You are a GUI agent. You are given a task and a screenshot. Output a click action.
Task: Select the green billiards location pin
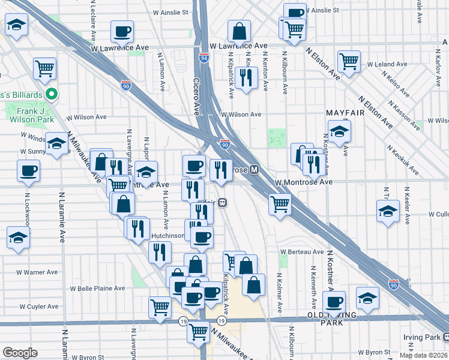click(52, 94)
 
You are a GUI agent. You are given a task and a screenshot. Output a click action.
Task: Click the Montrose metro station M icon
click(255, 170)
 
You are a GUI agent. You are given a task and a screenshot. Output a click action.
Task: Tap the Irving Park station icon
click(445, 337)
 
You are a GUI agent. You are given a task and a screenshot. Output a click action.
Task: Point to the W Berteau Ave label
click(305, 252)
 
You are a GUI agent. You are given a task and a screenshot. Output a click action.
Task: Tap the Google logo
click(20, 353)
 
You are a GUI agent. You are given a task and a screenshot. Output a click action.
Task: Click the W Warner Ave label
click(37, 272)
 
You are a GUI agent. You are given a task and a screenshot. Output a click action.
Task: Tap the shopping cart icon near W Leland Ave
click(349, 61)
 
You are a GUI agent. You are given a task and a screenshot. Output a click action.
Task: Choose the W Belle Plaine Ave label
click(97, 288)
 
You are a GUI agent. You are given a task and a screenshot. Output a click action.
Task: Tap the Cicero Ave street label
click(196, 96)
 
